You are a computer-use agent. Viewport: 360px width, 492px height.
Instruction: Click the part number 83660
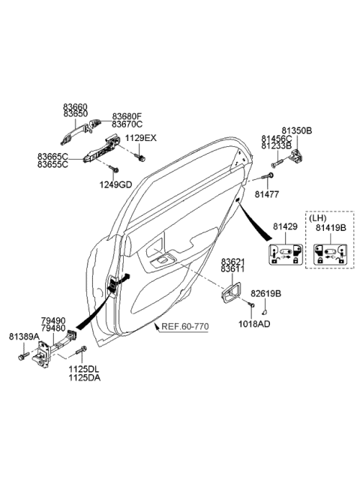(76, 106)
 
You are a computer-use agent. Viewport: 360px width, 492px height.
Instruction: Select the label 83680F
(127, 116)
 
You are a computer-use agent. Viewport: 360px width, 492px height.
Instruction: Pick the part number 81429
(286, 226)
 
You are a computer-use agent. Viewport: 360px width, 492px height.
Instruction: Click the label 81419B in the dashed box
(331, 226)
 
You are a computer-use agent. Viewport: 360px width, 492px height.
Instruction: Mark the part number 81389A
(24, 337)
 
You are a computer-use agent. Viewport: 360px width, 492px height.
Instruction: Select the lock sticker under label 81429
(286, 253)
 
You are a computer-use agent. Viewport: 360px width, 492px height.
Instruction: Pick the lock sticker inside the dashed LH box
(329, 253)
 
